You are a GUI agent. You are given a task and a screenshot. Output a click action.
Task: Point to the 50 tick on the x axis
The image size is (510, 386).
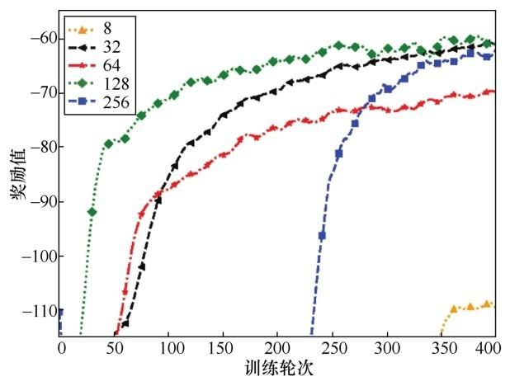[115, 347]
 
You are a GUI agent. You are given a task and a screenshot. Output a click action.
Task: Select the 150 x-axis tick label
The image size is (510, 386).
[223, 347]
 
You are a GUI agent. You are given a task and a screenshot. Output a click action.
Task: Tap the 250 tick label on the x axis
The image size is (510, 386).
[331, 347]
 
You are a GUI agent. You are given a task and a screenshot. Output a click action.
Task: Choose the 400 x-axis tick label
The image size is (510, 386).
[493, 347]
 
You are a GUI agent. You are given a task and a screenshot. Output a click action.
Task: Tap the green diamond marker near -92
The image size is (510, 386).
[92, 212]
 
